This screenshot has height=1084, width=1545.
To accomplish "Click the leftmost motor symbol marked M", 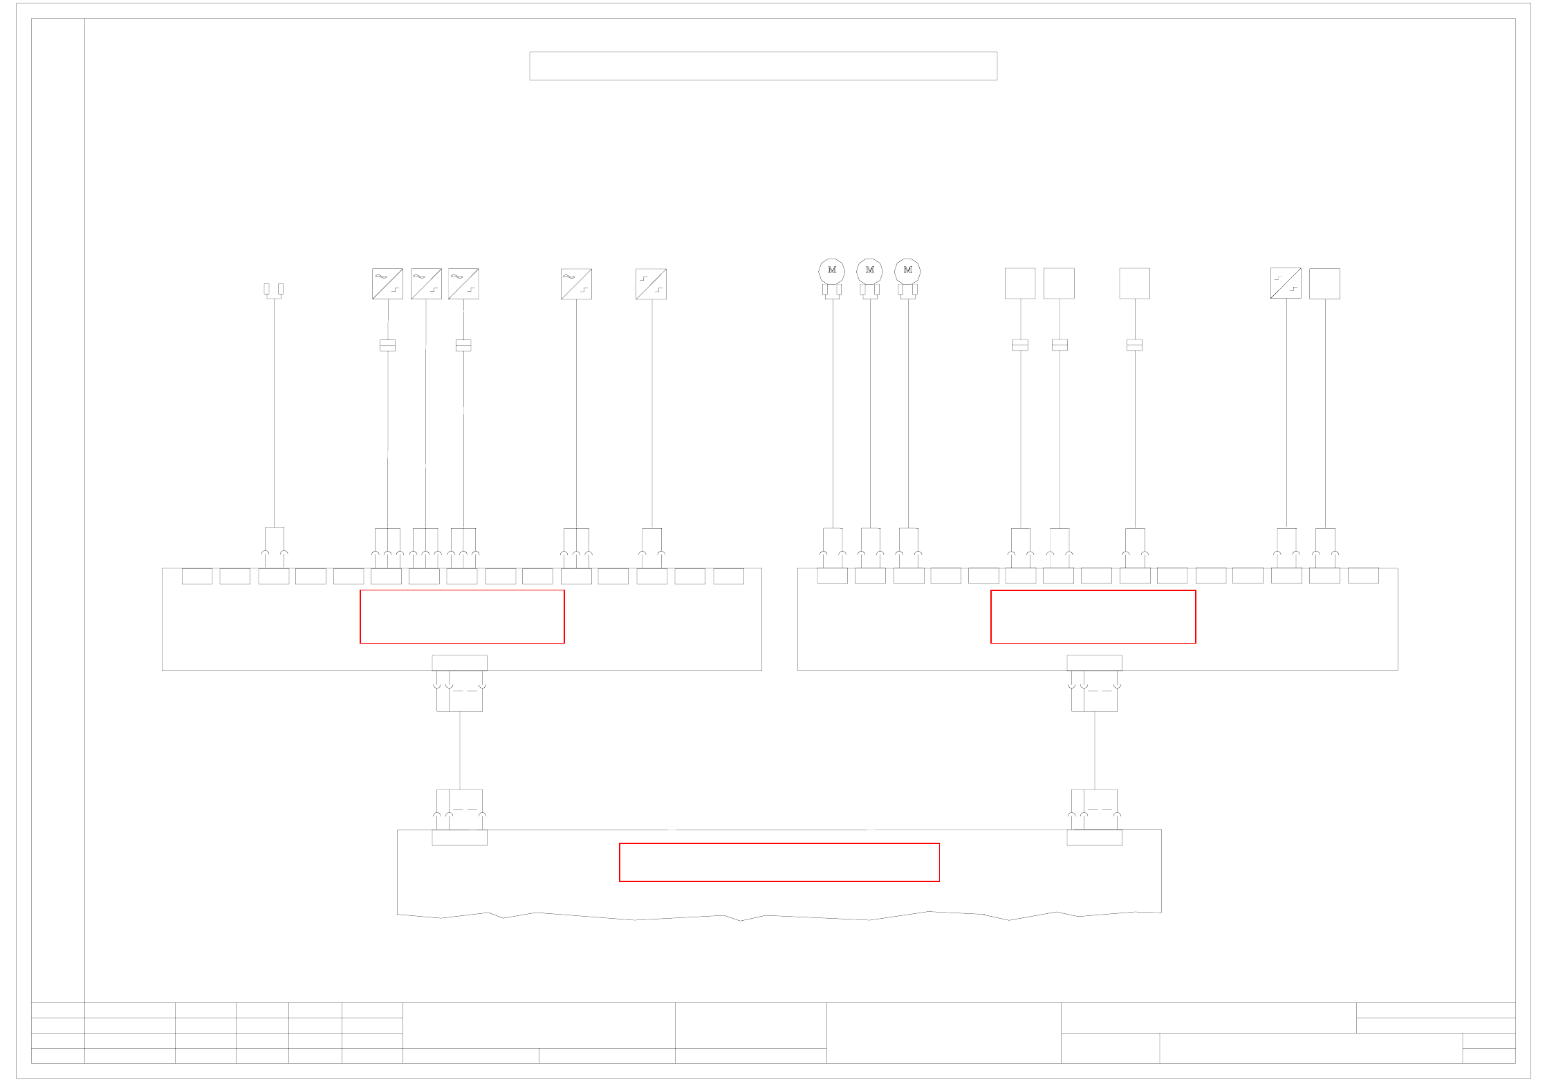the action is (831, 270).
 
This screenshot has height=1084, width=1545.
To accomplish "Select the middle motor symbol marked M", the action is (869, 270).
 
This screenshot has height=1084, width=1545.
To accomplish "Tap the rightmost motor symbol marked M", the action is (907, 270).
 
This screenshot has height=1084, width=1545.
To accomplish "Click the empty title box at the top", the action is (763, 66).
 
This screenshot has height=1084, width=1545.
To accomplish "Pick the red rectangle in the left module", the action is (462, 616).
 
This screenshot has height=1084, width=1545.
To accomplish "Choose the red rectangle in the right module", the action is (1093, 616).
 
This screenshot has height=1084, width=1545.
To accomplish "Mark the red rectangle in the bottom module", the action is (779, 862).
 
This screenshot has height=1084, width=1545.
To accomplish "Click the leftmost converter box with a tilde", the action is (387, 283).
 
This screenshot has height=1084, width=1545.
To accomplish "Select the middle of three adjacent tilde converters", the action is (425, 283).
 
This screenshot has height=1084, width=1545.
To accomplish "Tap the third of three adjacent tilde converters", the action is (463, 283).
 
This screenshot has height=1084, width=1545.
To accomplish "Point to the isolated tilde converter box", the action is (576, 283).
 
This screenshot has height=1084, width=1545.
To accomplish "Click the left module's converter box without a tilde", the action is (651, 283).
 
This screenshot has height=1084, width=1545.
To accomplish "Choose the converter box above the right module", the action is (1285, 283).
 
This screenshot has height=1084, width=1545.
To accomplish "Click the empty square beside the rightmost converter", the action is (1324, 283).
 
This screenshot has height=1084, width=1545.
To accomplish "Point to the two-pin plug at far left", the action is (274, 290).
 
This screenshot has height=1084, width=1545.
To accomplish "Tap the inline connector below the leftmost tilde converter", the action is (387, 345).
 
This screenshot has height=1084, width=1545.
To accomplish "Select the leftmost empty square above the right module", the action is (1020, 283).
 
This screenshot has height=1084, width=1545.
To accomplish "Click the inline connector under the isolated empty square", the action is (1134, 345).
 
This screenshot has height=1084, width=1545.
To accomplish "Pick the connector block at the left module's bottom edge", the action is (459, 662).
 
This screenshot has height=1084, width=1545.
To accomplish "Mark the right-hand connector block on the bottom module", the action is (1094, 837).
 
